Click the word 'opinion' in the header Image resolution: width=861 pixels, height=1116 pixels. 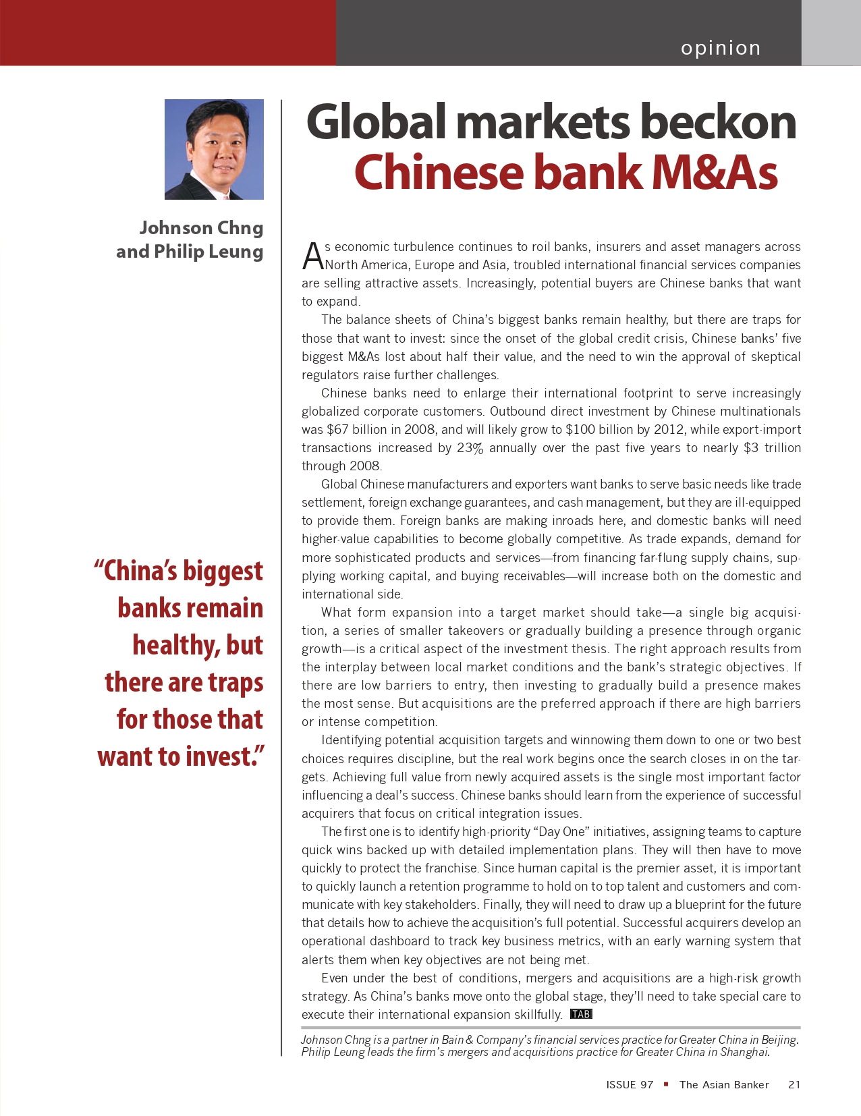pos(721,48)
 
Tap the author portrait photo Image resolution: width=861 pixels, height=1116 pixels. pos(214,149)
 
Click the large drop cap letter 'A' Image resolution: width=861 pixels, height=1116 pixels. pos(312,256)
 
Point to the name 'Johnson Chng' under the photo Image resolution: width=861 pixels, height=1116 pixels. pos(201,228)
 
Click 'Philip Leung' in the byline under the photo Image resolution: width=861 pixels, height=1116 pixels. pos(209,252)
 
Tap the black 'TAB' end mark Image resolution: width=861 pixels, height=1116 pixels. pos(581,1014)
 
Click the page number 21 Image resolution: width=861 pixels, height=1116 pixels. pos(794,1085)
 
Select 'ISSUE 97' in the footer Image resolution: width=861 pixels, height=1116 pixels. pos(630,1085)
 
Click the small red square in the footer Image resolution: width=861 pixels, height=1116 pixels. pos(666,1084)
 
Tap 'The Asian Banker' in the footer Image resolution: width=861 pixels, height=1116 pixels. pos(724,1085)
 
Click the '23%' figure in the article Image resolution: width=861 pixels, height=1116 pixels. pos(470,448)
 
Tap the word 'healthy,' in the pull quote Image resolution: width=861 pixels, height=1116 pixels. pos(176,646)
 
